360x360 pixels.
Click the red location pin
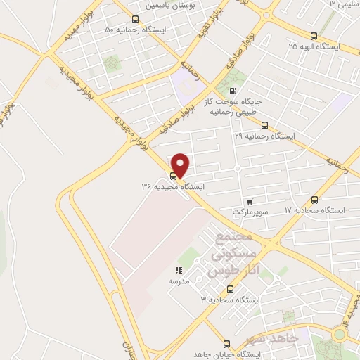181,165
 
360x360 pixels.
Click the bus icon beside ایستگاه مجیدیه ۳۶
174,176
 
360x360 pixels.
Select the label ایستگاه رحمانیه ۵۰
138,30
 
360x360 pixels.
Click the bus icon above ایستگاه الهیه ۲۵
314,37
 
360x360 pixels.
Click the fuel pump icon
233,91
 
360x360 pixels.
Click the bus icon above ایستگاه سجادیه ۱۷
314,200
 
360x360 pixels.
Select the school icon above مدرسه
179,269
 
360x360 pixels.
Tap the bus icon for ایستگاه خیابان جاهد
226,344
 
